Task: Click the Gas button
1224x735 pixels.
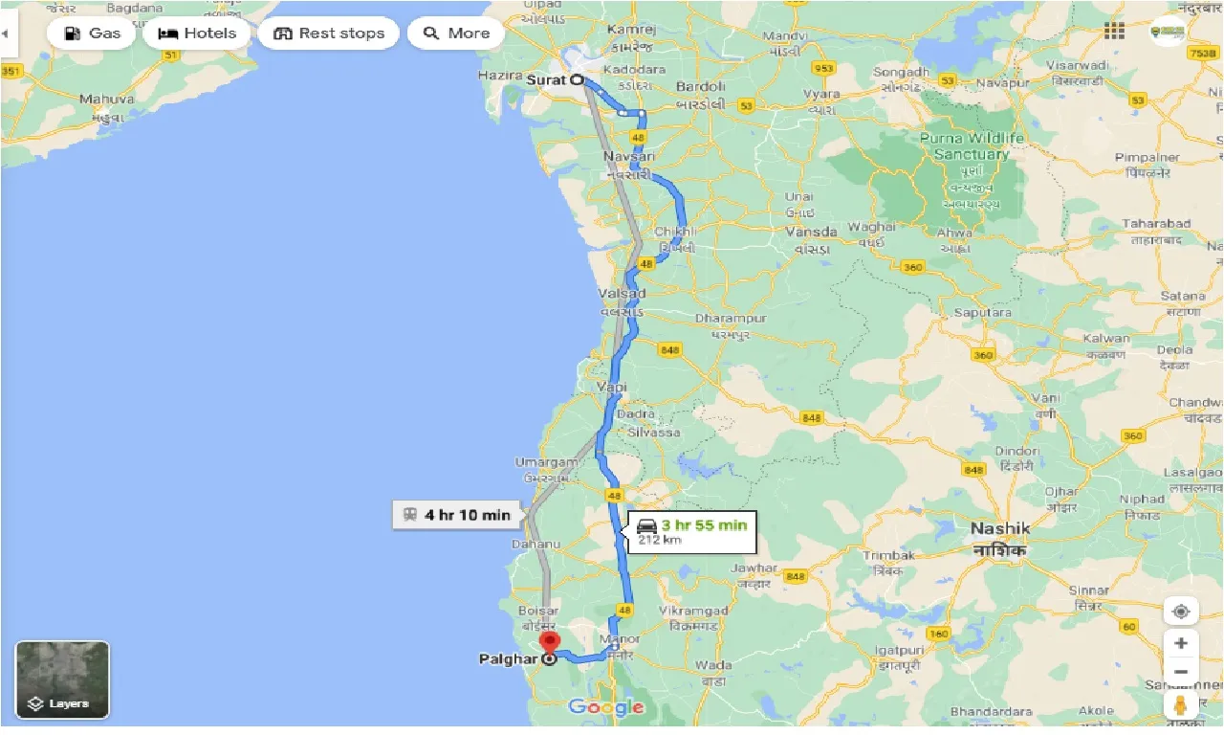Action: [x=92, y=33]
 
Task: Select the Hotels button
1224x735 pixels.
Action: [x=196, y=33]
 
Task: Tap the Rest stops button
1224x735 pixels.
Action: [x=328, y=33]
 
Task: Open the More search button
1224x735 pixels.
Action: [x=456, y=33]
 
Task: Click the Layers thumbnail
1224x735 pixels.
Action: [x=62, y=679]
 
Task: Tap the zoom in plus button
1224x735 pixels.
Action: [x=1181, y=643]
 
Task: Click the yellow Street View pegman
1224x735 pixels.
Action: [x=1181, y=704]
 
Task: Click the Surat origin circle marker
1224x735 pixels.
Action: [x=578, y=80]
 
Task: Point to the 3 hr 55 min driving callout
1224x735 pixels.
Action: [x=691, y=533]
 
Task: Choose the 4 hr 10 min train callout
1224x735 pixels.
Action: [x=457, y=515]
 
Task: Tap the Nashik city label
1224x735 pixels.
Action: [x=999, y=528]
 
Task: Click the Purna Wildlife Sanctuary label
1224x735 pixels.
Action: [x=971, y=146]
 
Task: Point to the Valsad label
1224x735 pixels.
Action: [x=621, y=293]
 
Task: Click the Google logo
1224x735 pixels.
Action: [x=605, y=707]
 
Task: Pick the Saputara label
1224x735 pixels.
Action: [x=982, y=313]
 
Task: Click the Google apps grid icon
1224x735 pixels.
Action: [x=1114, y=31]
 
